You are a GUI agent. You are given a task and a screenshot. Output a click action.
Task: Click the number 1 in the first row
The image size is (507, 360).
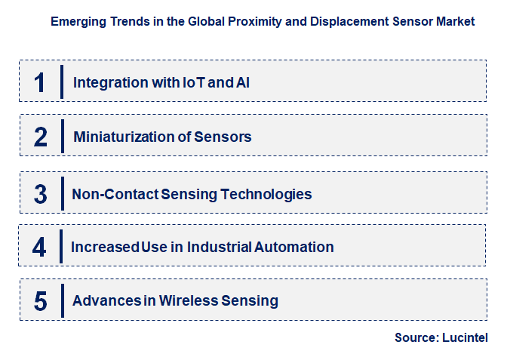point(40,82)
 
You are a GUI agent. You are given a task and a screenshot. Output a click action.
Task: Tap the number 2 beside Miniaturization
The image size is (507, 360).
point(41,137)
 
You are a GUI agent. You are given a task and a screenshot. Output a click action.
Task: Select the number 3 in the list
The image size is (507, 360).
point(41,194)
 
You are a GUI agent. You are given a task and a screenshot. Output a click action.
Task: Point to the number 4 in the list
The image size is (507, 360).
point(40,247)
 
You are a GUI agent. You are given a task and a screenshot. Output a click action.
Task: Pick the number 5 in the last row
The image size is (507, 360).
point(41,301)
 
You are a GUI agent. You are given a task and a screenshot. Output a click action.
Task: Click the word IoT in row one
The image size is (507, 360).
point(192,82)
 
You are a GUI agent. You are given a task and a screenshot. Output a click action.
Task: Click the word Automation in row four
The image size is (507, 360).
point(294,247)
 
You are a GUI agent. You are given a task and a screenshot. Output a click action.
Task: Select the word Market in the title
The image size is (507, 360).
point(456,22)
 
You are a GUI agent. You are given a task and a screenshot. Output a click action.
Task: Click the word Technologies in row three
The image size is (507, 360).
point(265,194)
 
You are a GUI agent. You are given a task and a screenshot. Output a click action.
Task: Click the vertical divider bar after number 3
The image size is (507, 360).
point(62,192)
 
